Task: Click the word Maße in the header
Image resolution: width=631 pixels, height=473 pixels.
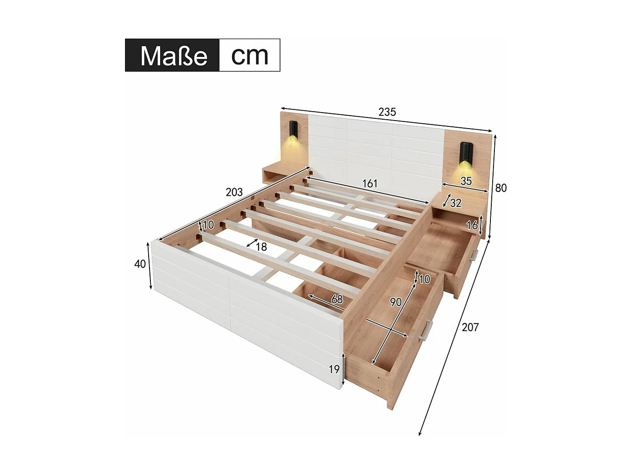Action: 174,56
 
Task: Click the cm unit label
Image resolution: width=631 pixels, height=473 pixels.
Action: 250,55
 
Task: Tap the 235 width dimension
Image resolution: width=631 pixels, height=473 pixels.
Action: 387,112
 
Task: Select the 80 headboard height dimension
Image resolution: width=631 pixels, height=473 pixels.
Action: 501,188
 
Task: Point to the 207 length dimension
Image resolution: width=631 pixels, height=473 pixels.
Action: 470,327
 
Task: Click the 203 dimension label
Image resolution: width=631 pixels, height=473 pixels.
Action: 234,192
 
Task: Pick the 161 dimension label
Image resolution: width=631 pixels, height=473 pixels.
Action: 369,183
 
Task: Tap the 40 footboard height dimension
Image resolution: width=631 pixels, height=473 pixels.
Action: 140,264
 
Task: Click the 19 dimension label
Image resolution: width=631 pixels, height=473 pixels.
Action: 334,369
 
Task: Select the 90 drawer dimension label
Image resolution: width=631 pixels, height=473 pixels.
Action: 396,302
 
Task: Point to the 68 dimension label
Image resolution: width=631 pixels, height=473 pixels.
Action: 337,299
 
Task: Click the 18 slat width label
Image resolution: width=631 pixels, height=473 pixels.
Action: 261,247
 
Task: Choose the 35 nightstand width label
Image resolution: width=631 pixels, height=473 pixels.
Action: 466,181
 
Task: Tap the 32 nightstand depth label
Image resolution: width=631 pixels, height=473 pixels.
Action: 456,203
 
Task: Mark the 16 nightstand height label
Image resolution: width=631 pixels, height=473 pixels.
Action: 472,226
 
